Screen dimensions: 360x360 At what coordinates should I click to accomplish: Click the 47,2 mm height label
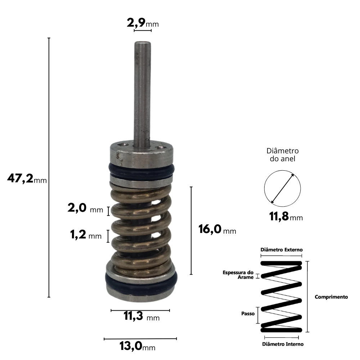tap(27, 179)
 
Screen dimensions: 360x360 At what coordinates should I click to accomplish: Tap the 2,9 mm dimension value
tap(143, 23)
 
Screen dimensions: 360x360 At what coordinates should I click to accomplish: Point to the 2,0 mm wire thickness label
tap(85, 208)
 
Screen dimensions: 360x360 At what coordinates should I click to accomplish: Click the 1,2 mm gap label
tap(86, 235)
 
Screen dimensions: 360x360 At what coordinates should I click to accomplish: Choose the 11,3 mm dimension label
tap(141, 316)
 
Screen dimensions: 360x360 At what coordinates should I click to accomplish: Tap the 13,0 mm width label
tap(137, 346)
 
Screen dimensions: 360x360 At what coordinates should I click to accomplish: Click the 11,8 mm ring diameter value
tap(286, 216)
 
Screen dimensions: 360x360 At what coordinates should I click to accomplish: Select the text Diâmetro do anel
tap(283, 155)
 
